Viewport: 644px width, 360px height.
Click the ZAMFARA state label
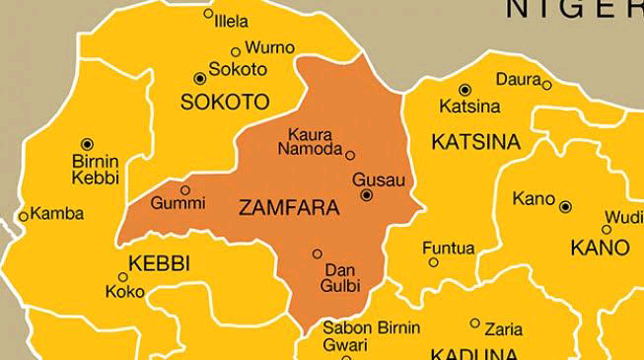click(x=289, y=207)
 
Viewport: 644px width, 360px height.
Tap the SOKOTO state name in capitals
click(x=225, y=102)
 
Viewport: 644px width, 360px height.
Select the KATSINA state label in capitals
click(x=475, y=142)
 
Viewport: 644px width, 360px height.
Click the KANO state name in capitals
click(x=600, y=246)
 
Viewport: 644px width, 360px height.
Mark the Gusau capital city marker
click(x=367, y=196)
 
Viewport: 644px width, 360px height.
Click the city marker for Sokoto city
click(x=200, y=77)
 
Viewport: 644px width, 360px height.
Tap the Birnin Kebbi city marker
click(x=87, y=144)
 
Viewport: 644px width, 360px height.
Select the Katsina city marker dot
click(x=465, y=90)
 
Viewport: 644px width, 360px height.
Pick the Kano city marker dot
click(x=565, y=207)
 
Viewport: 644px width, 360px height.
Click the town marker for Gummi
click(x=184, y=189)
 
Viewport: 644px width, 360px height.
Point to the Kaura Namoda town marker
click(x=349, y=155)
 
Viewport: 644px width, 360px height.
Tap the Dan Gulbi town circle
click(x=317, y=253)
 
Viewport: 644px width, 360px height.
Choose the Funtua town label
click(x=449, y=248)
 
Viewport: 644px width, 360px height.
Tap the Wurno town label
click(x=269, y=47)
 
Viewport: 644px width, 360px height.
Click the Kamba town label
click(x=57, y=213)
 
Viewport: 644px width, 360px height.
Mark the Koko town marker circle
click(x=123, y=277)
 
